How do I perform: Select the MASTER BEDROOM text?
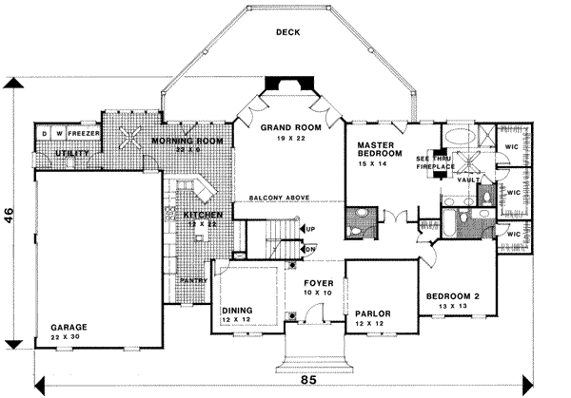pyautogui.click(x=376, y=150)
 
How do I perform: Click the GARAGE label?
pyautogui.click(x=69, y=326)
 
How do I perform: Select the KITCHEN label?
pyautogui.click(x=204, y=216)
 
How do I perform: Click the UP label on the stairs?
pyautogui.click(x=310, y=229)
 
